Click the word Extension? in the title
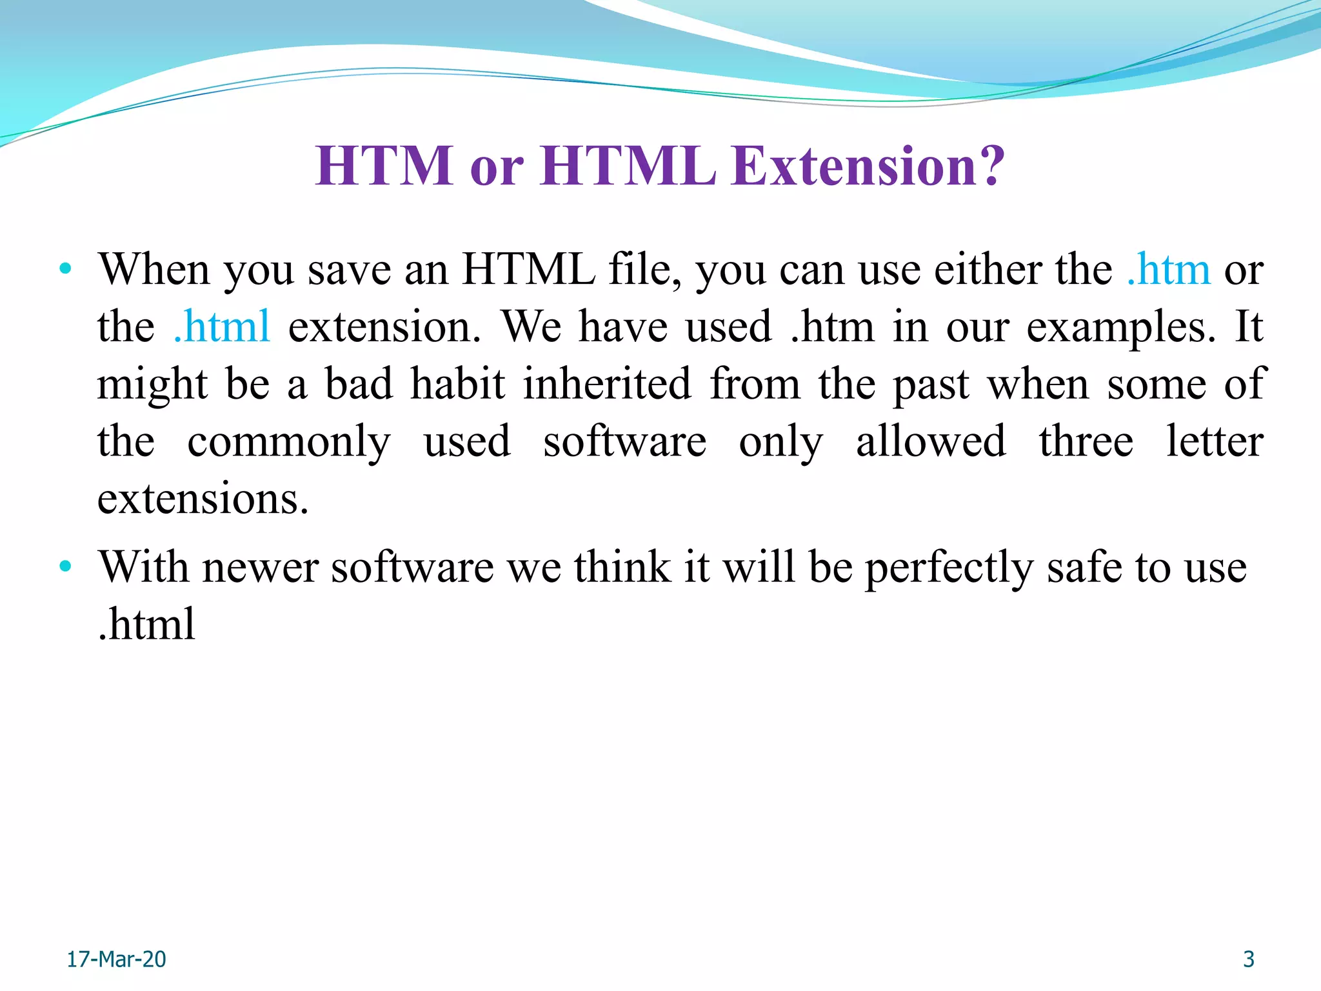(x=868, y=166)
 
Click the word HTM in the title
(x=384, y=166)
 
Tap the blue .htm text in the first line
(x=1168, y=269)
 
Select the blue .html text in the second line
(x=222, y=326)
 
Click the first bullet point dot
(x=65, y=268)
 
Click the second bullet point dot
(x=65, y=566)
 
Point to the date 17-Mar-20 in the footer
(x=117, y=959)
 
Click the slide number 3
(x=1249, y=959)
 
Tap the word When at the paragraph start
(x=154, y=269)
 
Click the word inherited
(x=607, y=384)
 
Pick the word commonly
(x=289, y=443)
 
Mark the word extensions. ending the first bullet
(x=203, y=499)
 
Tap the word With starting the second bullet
(x=144, y=567)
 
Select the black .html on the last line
(x=146, y=624)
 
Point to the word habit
(x=458, y=384)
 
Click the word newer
(x=261, y=568)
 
